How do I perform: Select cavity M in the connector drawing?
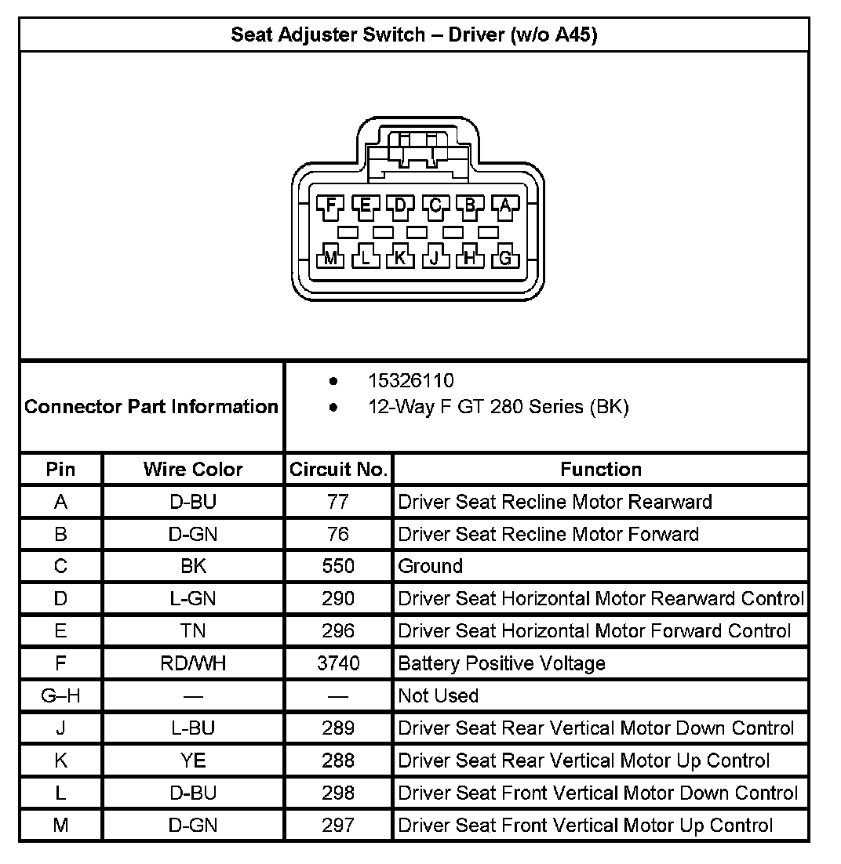pos(330,256)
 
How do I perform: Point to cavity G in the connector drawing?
pos(505,256)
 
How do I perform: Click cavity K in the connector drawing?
pos(400,256)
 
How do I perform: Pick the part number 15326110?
pos(410,381)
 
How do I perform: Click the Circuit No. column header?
pos(338,470)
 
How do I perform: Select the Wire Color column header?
pos(193,470)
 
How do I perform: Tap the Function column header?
pos(601,470)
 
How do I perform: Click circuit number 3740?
pos(338,663)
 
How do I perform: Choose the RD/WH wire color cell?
pos(193,663)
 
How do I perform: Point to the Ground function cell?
pos(431,566)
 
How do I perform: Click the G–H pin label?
pos(60,695)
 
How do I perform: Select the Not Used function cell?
pos(439,695)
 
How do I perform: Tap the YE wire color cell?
pos(193,761)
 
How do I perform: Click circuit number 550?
pos(338,566)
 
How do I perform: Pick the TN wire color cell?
pos(193,631)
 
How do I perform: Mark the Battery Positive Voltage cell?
pos(502,663)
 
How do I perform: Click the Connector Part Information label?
pos(151,407)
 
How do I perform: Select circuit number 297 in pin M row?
pos(338,825)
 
